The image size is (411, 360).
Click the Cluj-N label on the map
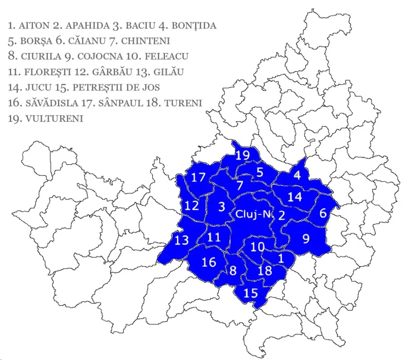(x=253, y=214)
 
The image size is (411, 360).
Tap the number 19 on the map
(x=243, y=156)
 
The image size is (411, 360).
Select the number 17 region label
(x=198, y=178)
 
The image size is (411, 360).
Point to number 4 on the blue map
(x=297, y=176)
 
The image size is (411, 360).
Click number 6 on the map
(x=323, y=213)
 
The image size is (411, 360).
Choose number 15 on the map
(x=250, y=293)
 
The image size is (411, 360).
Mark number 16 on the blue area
(x=209, y=262)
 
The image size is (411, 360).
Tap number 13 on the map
(x=181, y=240)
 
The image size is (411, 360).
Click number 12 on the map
(x=191, y=206)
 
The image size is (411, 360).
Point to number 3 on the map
(x=221, y=207)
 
